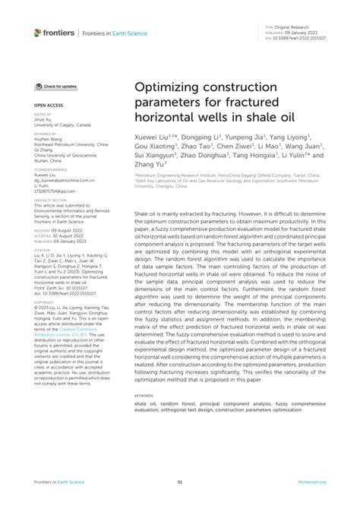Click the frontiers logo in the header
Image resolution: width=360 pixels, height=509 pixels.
(x=54, y=32)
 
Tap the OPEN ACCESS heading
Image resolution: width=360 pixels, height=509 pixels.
(x=47, y=106)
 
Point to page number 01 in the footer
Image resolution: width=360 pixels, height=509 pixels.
(x=180, y=482)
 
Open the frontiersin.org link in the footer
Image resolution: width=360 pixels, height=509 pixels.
(x=311, y=482)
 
